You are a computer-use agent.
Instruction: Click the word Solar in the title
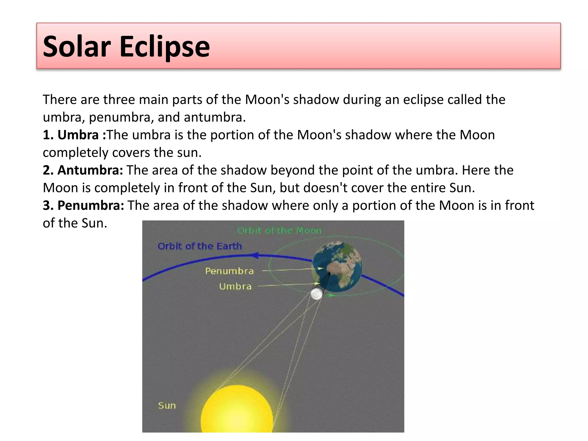coord(77,46)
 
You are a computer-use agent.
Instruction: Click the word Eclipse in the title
coord(165,46)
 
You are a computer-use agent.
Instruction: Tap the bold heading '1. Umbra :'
coord(74,135)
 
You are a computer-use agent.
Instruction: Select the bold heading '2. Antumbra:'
coord(83,170)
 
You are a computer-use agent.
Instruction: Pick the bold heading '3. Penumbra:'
coord(83,206)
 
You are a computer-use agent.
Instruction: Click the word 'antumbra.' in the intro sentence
coord(215,117)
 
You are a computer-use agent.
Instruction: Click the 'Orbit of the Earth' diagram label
coord(200,246)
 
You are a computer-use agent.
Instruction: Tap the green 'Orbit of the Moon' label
coord(279,231)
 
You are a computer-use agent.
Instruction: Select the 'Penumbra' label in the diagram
coord(229,271)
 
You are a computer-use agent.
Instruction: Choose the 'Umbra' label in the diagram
coord(235,286)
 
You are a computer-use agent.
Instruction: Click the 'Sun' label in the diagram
coord(167,405)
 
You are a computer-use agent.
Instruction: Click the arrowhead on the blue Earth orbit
coord(254,255)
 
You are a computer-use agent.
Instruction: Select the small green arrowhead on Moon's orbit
coord(331,295)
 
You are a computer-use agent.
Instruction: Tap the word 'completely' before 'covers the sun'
coord(76,152)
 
